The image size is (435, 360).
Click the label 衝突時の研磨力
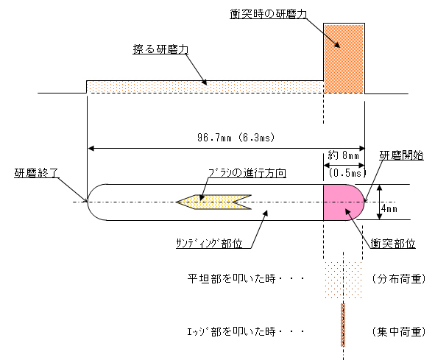[x=268, y=14]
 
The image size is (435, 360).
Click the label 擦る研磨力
[x=160, y=49]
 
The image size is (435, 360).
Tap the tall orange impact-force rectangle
[x=344, y=58]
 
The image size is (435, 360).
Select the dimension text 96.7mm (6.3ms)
[x=236, y=138]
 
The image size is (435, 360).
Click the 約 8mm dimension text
[x=344, y=155]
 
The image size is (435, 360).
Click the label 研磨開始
[x=401, y=155]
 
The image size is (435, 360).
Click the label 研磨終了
[x=36, y=173]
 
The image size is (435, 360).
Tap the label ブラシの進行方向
[x=247, y=173]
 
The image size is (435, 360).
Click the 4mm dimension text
[x=389, y=209]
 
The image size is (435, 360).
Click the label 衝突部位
[x=393, y=244]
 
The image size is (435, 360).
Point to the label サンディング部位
[x=210, y=244]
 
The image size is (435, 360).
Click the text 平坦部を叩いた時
[x=231, y=279]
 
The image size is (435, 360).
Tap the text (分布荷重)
[x=399, y=279]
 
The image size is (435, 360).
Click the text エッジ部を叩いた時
[x=231, y=332]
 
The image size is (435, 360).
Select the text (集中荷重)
[x=399, y=332]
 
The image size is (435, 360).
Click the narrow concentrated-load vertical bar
[x=343, y=325]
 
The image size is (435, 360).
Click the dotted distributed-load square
[x=344, y=280]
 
